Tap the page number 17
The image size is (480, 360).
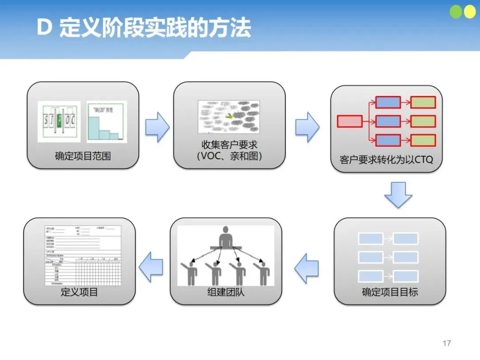click(447, 343)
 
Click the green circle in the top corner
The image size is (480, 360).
click(456, 12)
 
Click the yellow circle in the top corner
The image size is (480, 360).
click(469, 12)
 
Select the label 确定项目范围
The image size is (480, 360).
click(83, 156)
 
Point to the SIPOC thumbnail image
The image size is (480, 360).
click(59, 121)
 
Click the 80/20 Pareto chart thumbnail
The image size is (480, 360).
click(107, 121)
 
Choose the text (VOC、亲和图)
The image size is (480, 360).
click(229, 156)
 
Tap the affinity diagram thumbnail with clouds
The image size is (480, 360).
click(229, 117)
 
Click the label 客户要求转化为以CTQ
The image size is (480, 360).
click(386, 160)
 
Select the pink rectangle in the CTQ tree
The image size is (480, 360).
click(350, 121)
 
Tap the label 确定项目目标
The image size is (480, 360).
click(390, 292)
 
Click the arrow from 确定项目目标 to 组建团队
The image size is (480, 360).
click(307, 268)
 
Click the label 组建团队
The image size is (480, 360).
click(226, 292)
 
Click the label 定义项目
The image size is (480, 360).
click(79, 292)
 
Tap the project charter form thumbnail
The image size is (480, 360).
click(83, 256)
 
